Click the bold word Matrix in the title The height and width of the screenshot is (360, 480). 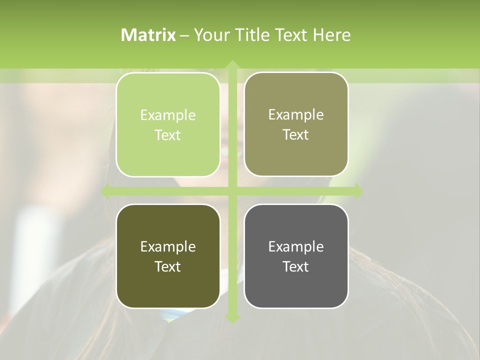point(148,35)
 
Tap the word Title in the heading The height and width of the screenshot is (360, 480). point(251,35)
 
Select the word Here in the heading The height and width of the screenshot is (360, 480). point(332,35)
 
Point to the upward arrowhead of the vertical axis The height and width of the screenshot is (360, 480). point(232,64)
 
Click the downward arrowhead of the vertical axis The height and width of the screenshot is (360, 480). point(232,318)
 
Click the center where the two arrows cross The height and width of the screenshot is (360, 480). point(232,191)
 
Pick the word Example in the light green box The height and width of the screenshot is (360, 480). point(168,115)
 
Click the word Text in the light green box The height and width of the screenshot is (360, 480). point(168,135)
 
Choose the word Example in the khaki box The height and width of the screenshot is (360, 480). point(296,115)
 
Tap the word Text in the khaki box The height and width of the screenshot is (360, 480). point(296,135)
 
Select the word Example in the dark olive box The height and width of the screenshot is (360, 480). point(168,247)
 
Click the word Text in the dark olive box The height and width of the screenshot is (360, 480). point(168,267)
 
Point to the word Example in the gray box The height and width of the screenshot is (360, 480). point(296,247)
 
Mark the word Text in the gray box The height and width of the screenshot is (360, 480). point(296,267)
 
